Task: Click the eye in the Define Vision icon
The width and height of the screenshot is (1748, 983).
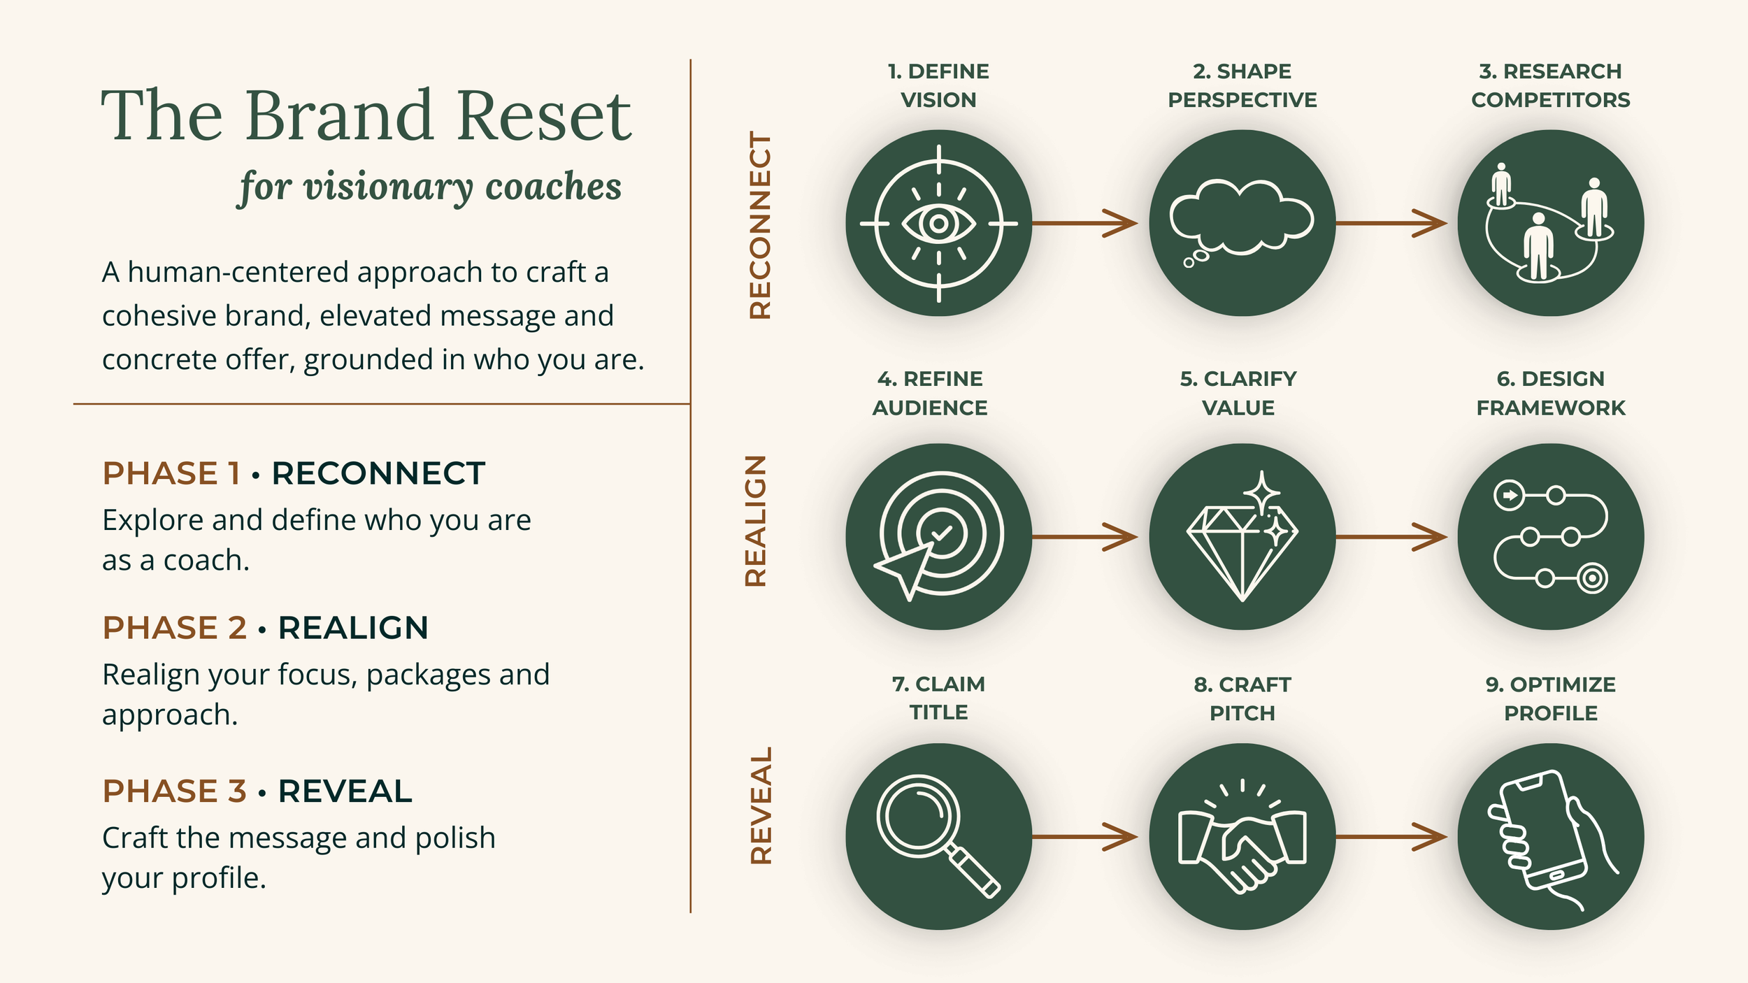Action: coord(938,224)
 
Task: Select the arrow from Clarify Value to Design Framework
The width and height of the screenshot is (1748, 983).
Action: coord(1391,537)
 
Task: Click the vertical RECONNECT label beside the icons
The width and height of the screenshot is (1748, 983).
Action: coord(760,225)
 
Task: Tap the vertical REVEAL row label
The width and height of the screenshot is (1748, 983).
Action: coord(761,805)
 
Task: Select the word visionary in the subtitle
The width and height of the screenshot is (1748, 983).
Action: coord(388,187)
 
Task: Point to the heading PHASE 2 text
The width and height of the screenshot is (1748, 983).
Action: coord(174,628)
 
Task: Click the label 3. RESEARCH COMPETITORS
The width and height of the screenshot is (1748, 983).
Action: coord(1550,85)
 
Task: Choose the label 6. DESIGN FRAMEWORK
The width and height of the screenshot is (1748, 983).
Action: coord(1550,393)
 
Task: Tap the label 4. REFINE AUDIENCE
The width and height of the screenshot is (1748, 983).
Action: coord(930,393)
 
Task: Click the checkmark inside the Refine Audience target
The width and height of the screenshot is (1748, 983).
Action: coord(942,533)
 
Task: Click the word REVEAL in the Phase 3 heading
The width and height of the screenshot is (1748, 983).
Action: coord(345,791)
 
